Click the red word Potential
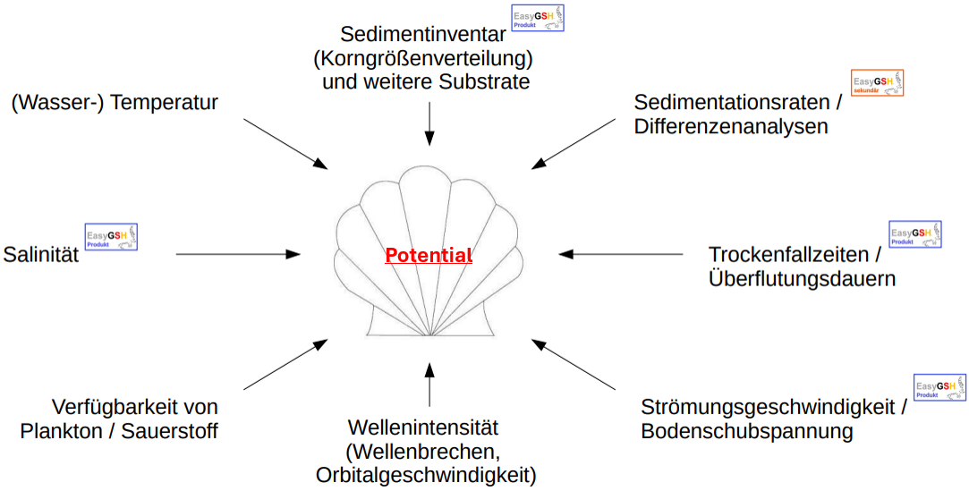tap(429, 256)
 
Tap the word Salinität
tap(41, 255)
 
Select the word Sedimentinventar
tap(423, 34)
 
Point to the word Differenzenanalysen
tap(731, 127)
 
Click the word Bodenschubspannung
tap(747, 432)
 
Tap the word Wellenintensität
tap(423, 428)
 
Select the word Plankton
tap(64, 431)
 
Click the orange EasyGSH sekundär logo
tap(877, 83)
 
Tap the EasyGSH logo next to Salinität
tap(112, 237)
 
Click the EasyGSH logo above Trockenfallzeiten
tap(915, 234)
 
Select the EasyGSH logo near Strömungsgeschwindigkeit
tap(939, 387)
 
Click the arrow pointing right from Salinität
tap(238, 255)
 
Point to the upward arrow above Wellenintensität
tap(429, 385)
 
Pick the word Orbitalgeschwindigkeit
tap(426, 475)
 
